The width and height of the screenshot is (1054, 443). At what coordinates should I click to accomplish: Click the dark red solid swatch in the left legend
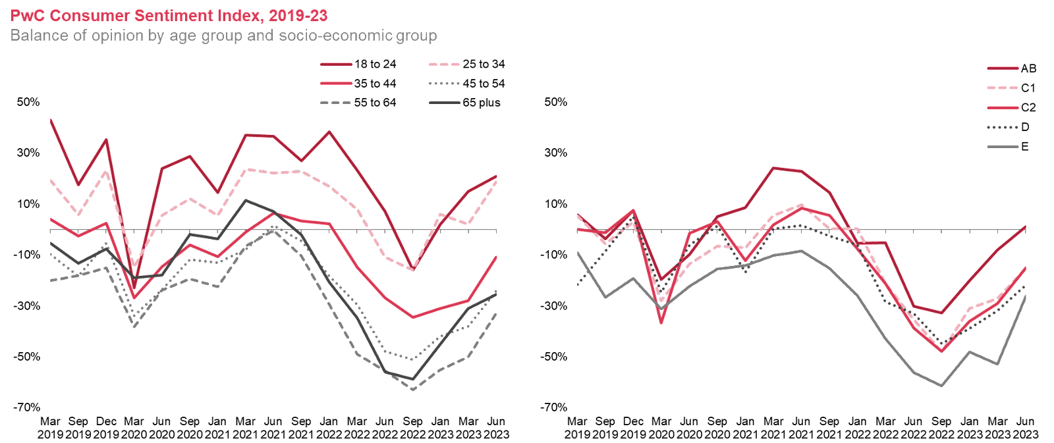pyautogui.click(x=336, y=65)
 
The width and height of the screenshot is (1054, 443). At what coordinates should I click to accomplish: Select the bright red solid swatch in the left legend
pyautogui.click(x=336, y=84)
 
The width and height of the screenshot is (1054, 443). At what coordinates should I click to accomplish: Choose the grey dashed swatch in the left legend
pyautogui.click(x=336, y=103)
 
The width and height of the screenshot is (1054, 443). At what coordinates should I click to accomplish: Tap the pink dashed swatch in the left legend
pyautogui.click(x=444, y=65)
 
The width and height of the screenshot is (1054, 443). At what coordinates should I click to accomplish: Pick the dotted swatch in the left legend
pyautogui.click(x=444, y=84)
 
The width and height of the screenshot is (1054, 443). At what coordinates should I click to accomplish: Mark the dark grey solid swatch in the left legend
pyautogui.click(x=444, y=103)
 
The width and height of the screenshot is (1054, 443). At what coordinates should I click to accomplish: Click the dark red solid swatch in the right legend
pyautogui.click(x=1003, y=68)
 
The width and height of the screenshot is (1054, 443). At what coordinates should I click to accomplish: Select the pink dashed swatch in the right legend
pyautogui.click(x=1003, y=88)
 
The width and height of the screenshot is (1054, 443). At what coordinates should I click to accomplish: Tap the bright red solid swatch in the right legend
pyautogui.click(x=1003, y=107)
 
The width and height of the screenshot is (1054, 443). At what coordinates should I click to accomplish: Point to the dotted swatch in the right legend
pyautogui.click(x=1003, y=127)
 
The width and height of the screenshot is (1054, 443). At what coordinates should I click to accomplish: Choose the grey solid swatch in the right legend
pyautogui.click(x=1003, y=147)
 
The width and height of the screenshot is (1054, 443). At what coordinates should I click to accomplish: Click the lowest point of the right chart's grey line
pyautogui.click(x=941, y=386)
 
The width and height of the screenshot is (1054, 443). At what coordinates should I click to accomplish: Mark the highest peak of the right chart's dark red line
pyautogui.click(x=774, y=169)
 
